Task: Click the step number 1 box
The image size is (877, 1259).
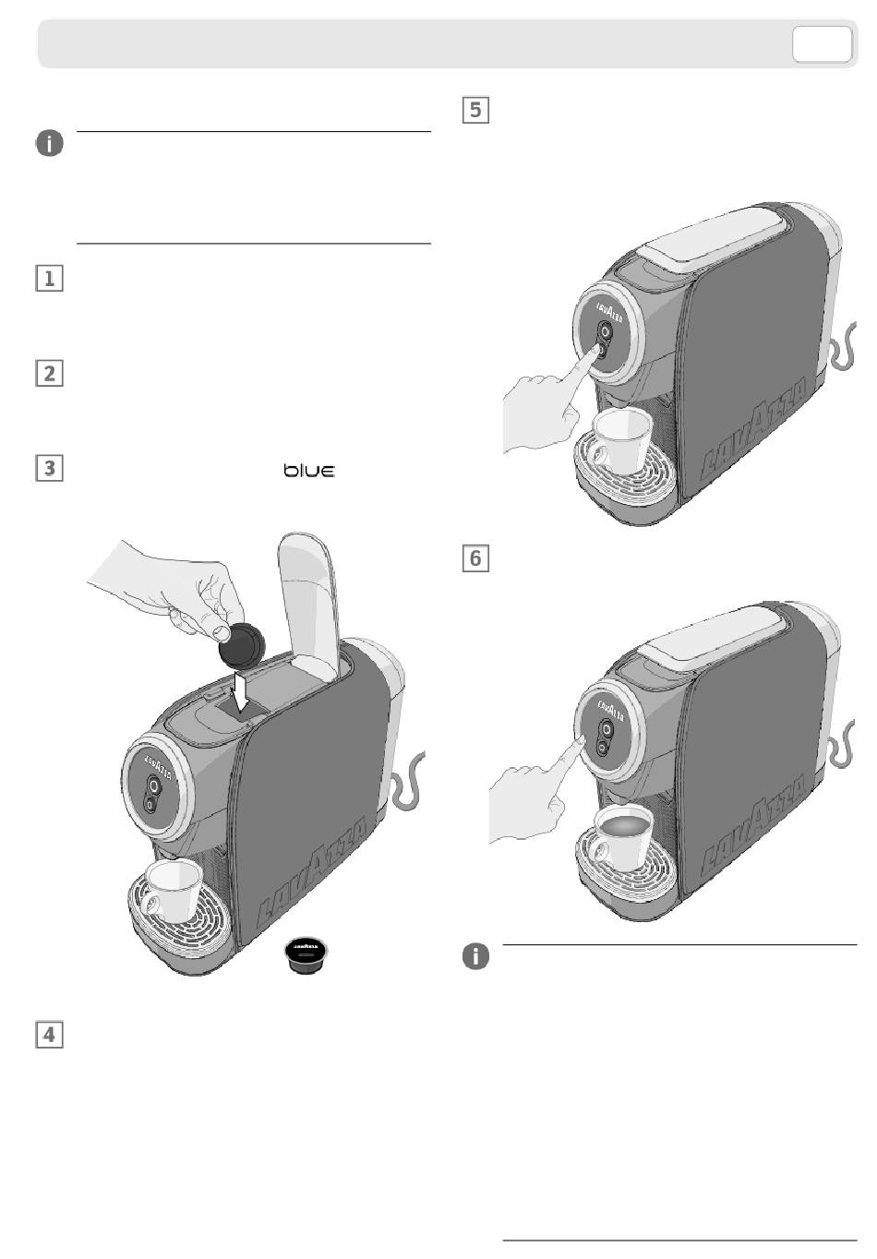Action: click(x=49, y=279)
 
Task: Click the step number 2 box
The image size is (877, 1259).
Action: click(x=49, y=374)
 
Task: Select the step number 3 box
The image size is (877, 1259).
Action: click(x=49, y=468)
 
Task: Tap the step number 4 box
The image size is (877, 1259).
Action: click(x=49, y=1034)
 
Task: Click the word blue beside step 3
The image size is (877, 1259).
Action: click(x=309, y=471)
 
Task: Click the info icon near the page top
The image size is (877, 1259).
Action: click(x=50, y=143)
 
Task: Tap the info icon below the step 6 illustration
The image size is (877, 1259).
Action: click(x=475, y=957)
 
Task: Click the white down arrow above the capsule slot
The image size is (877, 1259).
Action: click(x=241, y=691)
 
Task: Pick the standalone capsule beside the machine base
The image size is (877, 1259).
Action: click(x=308, y=956)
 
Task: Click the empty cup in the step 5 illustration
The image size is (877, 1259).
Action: click(x=623, y=438)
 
